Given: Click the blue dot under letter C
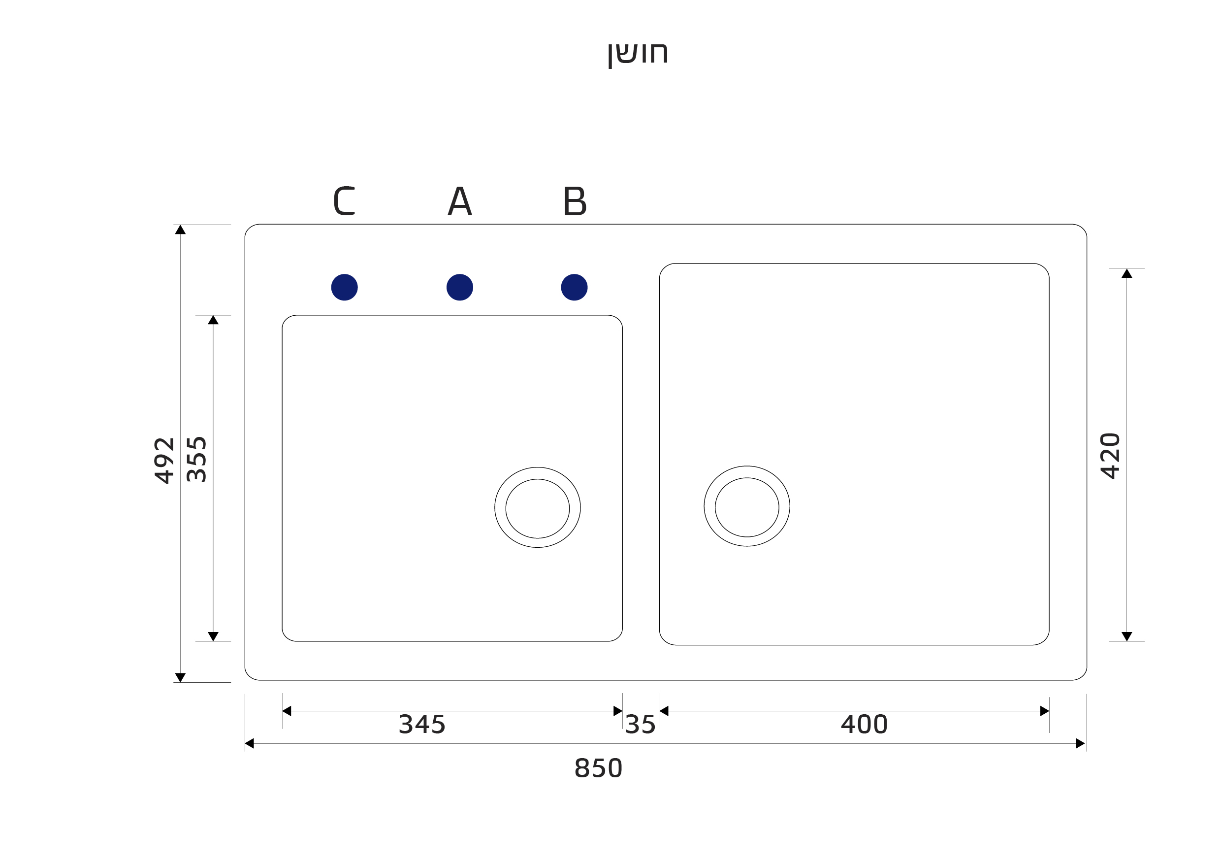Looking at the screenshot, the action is click(344, 287).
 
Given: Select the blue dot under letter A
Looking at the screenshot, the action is click(459, 287).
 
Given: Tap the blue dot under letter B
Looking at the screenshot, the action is click(575, 287).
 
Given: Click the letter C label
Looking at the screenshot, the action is click(344, 200).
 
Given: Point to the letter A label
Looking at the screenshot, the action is click(459, 200).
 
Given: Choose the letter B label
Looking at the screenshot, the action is click(575, 200).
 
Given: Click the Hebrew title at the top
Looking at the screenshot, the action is click(638, 54).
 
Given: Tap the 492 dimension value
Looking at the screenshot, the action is click(164, 461).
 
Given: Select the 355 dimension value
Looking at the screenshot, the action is click(197, 460).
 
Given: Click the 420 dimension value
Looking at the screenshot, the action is click(1110, 456).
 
